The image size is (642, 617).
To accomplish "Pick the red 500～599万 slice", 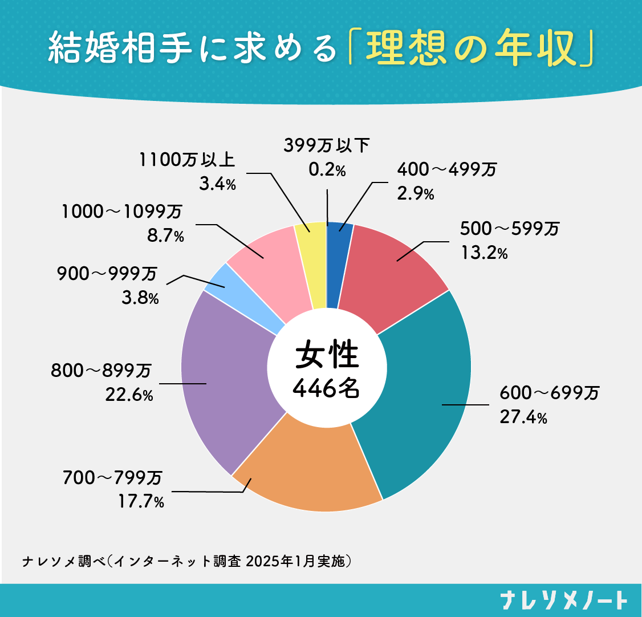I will click(x=393, y=274).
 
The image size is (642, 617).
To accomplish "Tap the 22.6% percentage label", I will click(x=129, y=395).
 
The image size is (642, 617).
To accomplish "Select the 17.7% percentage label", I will click(x=141, y=502).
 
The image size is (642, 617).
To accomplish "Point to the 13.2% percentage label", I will click(x=483, y=252).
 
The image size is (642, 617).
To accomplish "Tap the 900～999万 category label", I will click(x=107, y=275).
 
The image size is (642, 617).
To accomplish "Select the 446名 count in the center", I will click(x=326, y=388).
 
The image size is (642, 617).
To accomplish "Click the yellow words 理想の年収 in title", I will click(x=469, y=50).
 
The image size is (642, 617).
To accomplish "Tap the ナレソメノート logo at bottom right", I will click(x=563, y=600).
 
